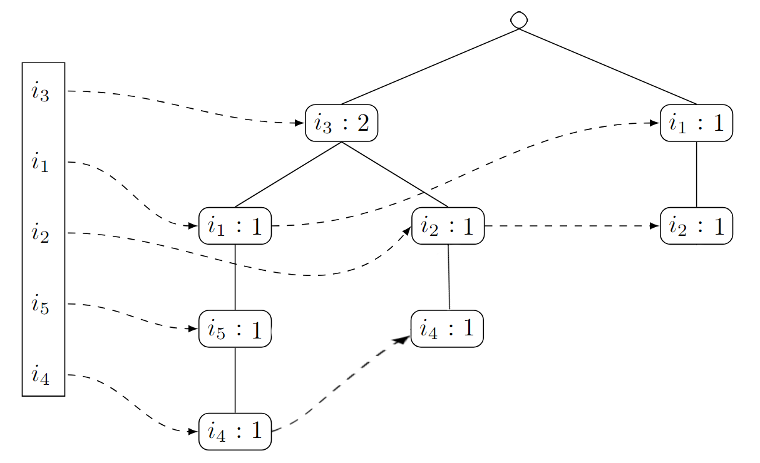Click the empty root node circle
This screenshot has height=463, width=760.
pyautogui.click(x=518, y=20)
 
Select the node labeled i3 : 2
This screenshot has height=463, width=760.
pyautogui.click(x=341, y=123)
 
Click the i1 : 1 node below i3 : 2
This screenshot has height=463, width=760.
pyautogui.click(x=235, y=226)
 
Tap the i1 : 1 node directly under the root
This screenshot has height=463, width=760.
pyautogui.click(x=696, y=123)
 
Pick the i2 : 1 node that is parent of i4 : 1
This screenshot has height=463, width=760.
pyautogui.click(x=448, y=226)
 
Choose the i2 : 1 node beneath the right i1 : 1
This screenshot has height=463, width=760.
pyautogui.click(x=696, y=226)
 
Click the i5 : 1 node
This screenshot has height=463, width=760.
pyautogui.click(x=235, y=328)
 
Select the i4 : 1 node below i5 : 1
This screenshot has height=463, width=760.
pyautogui.click(x=235, y=431)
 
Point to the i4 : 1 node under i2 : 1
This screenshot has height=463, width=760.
pyautogui.click(x=447, y=328)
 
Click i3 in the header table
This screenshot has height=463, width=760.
pyautogui.click(x=40, y=93)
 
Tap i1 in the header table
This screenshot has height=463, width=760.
pyautogui.click(x=40, y=164)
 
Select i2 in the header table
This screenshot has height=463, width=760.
pyautogui.click(x=40, y=235)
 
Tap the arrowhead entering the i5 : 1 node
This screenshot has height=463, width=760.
pyautogui.click(x=193, y=328)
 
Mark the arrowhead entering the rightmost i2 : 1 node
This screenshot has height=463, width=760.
pyautogui.click(x=655, y=226)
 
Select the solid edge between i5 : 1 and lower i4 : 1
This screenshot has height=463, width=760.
pyautogui.click(x=235, y=380)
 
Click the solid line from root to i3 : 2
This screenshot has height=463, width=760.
pyautogui.click(x=429, y=66)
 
